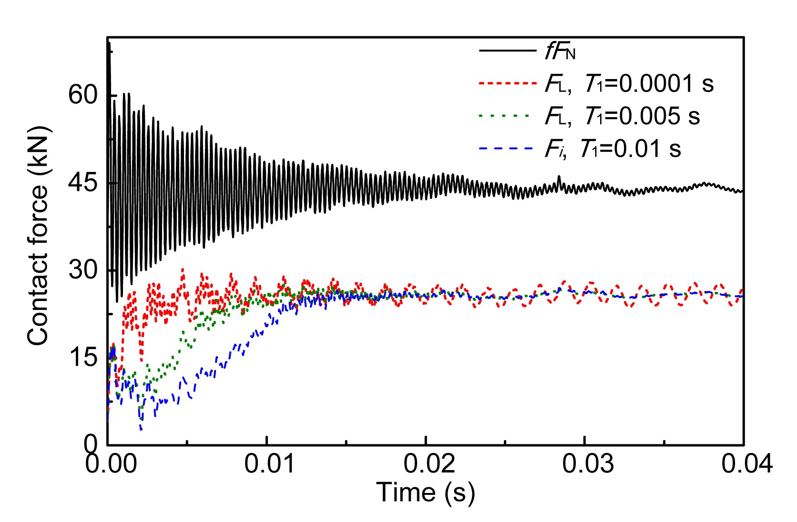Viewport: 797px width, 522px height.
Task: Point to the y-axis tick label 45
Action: tap(83, 183)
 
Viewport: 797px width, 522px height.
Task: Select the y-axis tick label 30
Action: tap(83, 270)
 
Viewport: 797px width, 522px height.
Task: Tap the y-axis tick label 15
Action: tap(83, 358)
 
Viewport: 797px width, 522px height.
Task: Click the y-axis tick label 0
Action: tap(91, 444)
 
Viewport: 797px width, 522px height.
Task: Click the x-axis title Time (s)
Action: tap(426, 492)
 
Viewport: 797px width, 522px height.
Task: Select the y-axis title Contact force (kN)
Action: tap(38, 236)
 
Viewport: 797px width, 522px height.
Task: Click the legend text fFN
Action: tap(561, 51)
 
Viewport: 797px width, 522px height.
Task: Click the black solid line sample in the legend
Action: tap(507, 50)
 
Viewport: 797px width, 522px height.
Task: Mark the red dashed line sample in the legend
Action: tap(507, 83)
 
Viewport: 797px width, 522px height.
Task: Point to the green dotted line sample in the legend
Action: tap(505, 116)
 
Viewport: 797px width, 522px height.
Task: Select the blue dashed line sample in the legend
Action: tap(505, 149)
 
